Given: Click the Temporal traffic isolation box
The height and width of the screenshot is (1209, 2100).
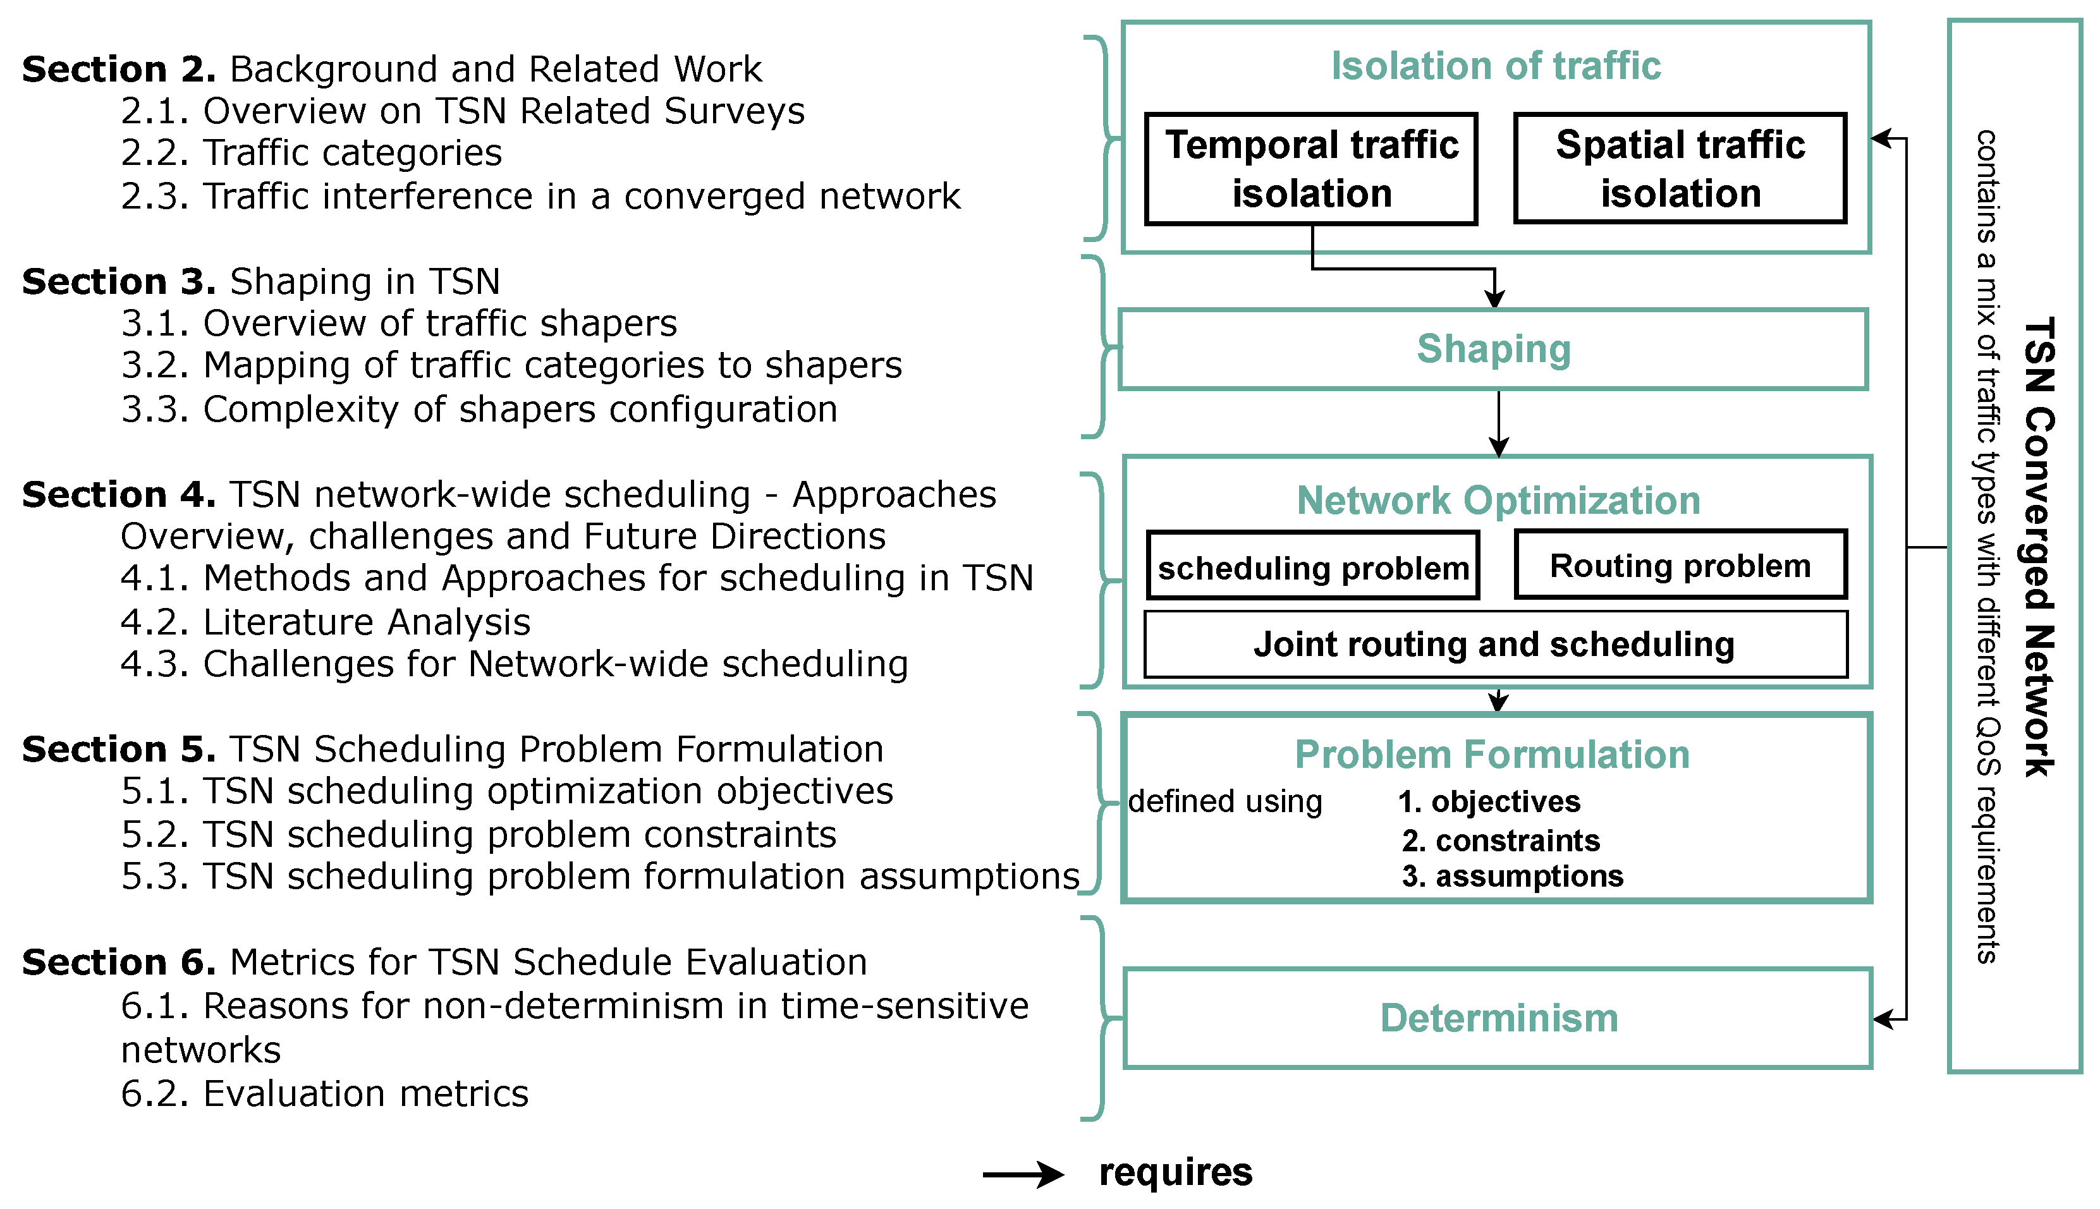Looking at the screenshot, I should click(1310, 169).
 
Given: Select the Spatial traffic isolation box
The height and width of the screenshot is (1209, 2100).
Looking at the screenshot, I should click(1679, 169).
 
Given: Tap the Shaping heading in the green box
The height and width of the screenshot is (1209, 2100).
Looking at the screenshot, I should click(1493, 349).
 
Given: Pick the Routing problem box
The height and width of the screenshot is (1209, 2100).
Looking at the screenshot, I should click(1680, 566).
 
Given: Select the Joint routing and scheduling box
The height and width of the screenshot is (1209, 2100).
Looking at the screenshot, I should click(1494, 645).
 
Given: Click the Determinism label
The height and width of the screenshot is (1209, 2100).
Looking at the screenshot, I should click(1499, 1018).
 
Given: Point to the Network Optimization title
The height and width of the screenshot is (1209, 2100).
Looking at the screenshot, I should click(1498, 501).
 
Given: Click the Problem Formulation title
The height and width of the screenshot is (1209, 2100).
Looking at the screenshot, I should click(1492, 755).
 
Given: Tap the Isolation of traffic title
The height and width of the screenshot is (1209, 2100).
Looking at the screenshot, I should click(1496, 66).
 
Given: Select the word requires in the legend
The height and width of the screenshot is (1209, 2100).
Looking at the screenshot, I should click(1175, 1172).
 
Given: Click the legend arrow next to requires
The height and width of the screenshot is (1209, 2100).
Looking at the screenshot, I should click(1022, 1174).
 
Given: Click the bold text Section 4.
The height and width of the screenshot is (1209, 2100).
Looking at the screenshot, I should click(119, 495).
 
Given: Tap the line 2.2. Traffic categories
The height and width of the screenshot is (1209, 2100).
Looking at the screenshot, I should click(312, 153).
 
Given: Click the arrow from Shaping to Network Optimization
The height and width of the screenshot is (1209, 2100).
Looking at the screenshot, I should click(1498, 423).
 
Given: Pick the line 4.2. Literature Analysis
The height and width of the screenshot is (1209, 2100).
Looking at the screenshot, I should click(326, 622).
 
